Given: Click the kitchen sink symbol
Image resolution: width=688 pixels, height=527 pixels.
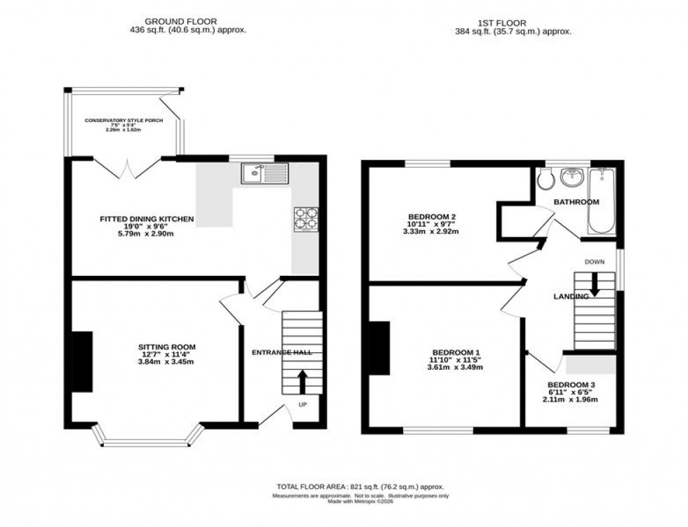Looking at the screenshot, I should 264,173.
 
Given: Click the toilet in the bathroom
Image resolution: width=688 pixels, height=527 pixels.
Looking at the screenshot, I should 544,181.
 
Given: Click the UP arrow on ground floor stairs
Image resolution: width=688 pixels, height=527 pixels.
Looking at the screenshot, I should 303,382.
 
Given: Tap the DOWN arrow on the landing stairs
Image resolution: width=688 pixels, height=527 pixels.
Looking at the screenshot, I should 594,284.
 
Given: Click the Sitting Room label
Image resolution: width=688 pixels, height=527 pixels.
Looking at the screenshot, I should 166,347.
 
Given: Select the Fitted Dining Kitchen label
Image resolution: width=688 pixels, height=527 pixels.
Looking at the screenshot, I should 146,220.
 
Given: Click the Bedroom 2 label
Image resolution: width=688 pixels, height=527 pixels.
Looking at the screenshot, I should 432,216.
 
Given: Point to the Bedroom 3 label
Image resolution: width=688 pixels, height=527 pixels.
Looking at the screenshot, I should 571,385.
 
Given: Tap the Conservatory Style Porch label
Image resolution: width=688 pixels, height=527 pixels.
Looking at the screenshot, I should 124,121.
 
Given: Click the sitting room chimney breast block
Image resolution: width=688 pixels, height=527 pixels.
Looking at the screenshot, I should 82,361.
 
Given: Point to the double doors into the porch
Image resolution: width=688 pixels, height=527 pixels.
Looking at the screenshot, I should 128,168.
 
